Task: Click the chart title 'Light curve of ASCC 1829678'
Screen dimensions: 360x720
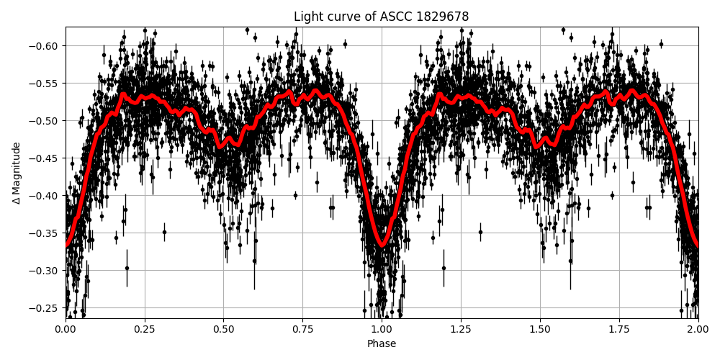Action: coord(382,17)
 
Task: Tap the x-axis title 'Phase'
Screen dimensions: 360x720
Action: coord(382,344)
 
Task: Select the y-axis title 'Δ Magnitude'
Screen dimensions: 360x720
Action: coord(16,173)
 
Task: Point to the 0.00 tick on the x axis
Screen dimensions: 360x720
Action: coord(66,330)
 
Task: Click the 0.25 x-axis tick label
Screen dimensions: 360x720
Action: coord(145,330)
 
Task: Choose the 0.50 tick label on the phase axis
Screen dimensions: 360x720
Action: coord(224,330)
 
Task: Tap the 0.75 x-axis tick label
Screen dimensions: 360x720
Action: coord(303,330)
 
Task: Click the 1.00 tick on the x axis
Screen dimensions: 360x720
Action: coord(382,330)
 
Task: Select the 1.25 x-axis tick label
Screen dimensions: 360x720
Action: coord(461,330)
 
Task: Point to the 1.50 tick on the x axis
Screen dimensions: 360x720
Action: coord(540,330)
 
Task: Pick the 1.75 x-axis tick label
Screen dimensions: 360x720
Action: coord(619,330)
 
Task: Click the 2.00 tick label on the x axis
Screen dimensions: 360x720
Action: coord(698,330)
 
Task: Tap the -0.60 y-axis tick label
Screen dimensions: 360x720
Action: coord(45,46)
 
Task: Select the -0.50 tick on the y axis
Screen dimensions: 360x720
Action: coord(45,121)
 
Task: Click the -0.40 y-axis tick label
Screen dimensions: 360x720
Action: coord(45,196)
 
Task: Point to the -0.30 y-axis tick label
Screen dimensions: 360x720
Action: coord(45,271)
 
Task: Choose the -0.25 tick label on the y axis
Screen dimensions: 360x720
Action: coord(45,308)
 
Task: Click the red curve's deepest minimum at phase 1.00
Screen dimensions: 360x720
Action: coord(382,245)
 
